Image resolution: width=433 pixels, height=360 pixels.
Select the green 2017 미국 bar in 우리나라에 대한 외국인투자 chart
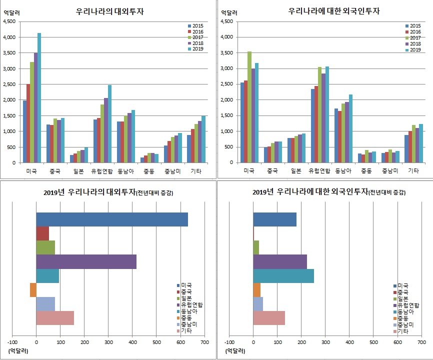click(x=249, y=107)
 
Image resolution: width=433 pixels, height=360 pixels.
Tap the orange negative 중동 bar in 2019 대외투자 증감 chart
click(x=33, y=290)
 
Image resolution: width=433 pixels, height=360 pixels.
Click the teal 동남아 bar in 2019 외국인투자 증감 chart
click(x=283, y=276)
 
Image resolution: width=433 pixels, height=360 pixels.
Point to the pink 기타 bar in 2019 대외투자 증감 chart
click(x=55, y=318)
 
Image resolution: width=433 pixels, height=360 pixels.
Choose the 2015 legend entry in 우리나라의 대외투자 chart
click(x=195, y=25)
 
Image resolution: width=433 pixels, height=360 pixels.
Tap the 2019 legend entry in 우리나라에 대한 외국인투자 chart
click(x=412, y=49)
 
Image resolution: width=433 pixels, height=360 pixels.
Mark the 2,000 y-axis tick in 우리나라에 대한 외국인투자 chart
click(x=226, y=100)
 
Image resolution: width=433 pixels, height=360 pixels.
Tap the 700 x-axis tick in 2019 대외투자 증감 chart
click(x=204, y=342)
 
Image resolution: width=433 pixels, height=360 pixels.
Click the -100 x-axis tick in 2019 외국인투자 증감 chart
click(x=229, y=342)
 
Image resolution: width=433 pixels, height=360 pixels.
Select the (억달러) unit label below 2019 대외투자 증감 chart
click(x=18, y=351)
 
